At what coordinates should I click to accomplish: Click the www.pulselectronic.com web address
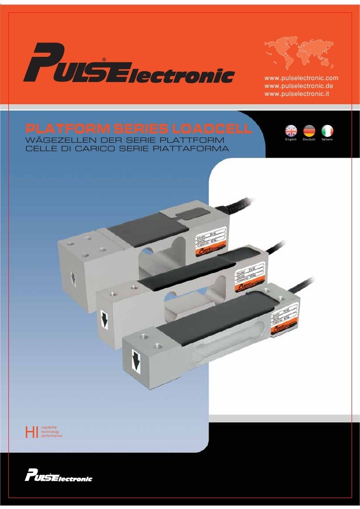[x=302, y=79]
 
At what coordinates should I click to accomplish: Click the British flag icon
[x=291, y=131]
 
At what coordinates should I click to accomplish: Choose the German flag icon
[x=309, y=131]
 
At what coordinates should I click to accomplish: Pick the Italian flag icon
[x=327, y=131]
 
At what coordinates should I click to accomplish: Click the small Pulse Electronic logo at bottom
[x=59, y=477]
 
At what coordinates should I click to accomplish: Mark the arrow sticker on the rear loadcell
[x=73, y=276]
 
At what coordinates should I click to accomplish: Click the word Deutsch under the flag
[x=309, y=141]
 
